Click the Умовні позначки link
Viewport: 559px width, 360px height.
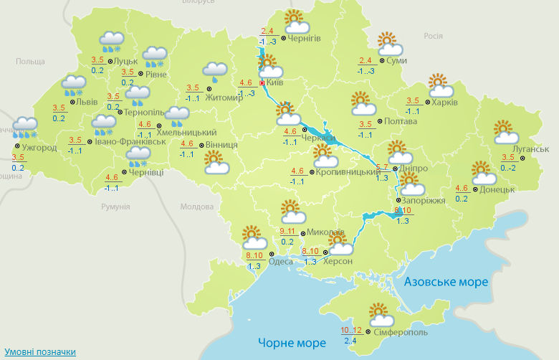tap(41, 352)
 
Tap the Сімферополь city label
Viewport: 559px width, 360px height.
tap(401, 333)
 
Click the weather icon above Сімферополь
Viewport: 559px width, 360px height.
tap(380, 313)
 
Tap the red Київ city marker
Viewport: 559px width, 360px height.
tap(262, 83)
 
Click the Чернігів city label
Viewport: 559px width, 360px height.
tap(305, 38)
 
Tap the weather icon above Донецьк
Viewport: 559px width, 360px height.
tap(484, 173)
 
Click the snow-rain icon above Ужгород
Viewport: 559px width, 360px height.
tap(25, 128)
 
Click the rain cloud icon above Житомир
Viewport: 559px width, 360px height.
tap(214, 69)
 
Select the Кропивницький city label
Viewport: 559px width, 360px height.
tap(348, 171)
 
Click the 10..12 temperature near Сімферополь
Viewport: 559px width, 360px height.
tap(352, 330)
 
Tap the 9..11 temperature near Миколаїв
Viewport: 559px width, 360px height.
tap(287, 231)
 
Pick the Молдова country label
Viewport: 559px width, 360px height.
tap(197, 207)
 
